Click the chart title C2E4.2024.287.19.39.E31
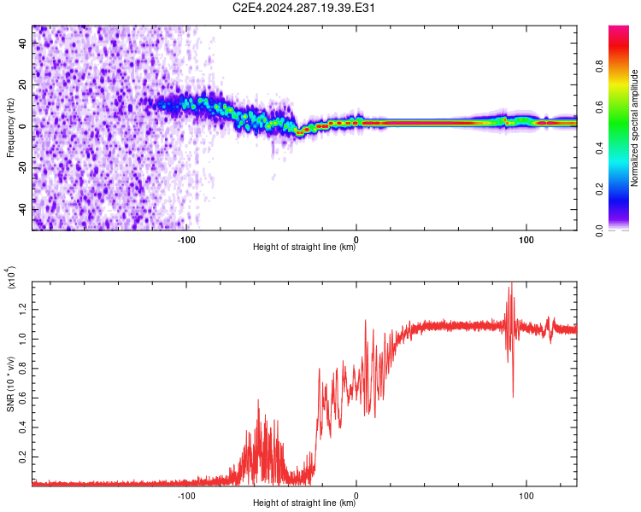click(x=303, y=8)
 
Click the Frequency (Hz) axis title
click(x=10, y=128)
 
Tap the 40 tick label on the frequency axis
click(x=22, y=43)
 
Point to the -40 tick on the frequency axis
click(x=22, y=209)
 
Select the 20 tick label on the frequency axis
click(x=22, y=84)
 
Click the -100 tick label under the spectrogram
click(x=186, y=240)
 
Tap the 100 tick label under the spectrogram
click(x=526, y=240)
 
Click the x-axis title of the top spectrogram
click(x=304, y=247)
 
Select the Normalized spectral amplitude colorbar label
click(x=634, y=128)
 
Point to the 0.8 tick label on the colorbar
click(x=599, y=66)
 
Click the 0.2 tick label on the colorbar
click(x=599, y=189)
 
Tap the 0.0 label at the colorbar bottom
click(x=599, y=230)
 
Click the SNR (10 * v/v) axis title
click(x=10, y=384)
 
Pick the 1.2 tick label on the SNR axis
click(x=22, y=309)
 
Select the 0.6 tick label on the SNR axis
click(x=22, y=398)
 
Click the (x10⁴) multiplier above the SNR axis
click(x=11, y=277)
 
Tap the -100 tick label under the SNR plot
click(x=186, y=496)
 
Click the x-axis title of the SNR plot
click(x=304, y=503)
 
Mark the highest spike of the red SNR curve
click(x=511, y=282)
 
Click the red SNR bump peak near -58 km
click(x=258, y=400)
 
